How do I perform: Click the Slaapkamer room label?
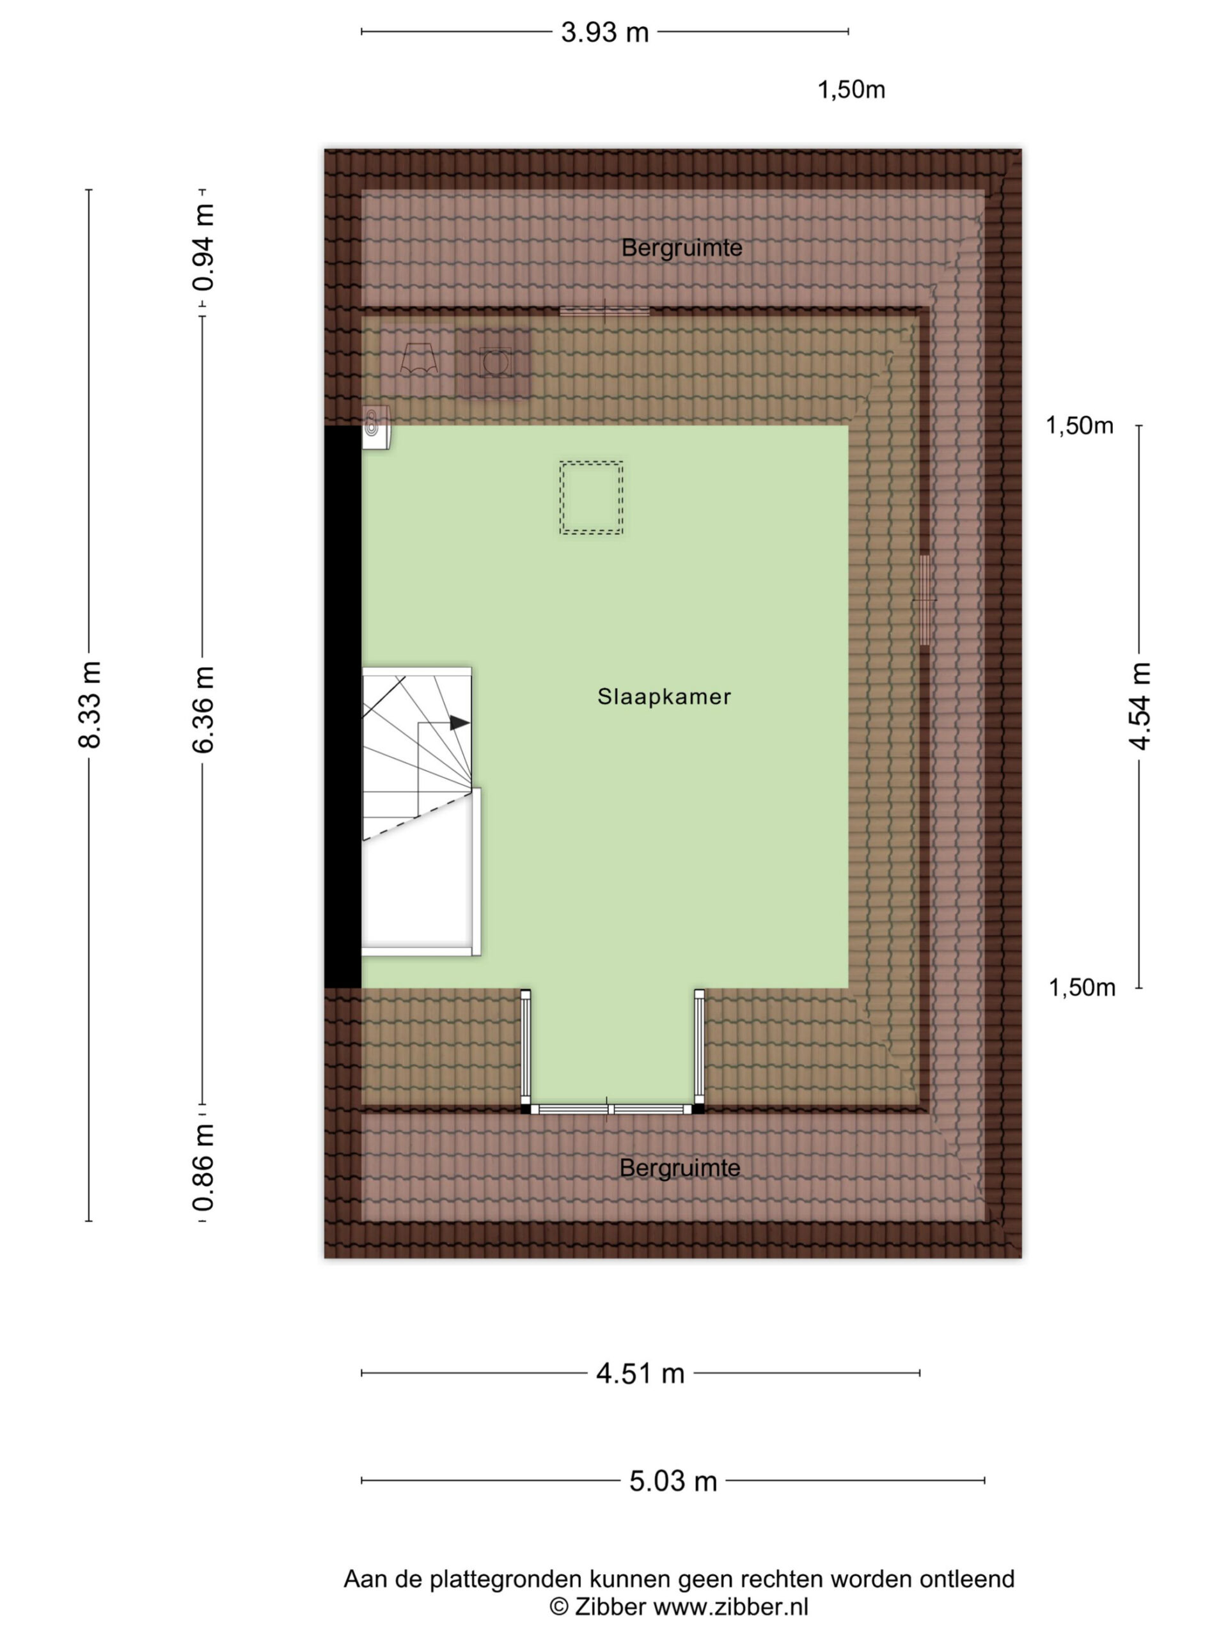pyautogui.click(x=664, y=696)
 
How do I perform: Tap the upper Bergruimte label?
pyautogui.click(x=681, y=247)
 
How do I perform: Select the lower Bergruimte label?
pyautogui.click(x=679, y=1168)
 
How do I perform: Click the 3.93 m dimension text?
pyautogui.click(x=605, y=32)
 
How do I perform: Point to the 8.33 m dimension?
pyautogui.click(x=89, y=705)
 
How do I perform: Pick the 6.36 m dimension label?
pyautogui.click(x=203, y=710)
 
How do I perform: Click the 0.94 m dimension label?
pyautogui.click(x=203, y=249)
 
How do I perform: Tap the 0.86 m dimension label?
pyautogui.click(x=203, y=1168)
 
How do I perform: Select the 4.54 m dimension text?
pyautogui.click(x=1139, y=706)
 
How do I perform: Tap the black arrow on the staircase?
pyautogui.click(x=460, y=723)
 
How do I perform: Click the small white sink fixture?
pyautogui.click(x=376, y=428)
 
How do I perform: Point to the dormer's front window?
pyautogui.click(x=611, y=1109)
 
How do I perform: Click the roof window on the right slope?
pyautogui.click(x=924, y=599)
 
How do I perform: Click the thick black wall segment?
pyautogui.click(x=343, y=707)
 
